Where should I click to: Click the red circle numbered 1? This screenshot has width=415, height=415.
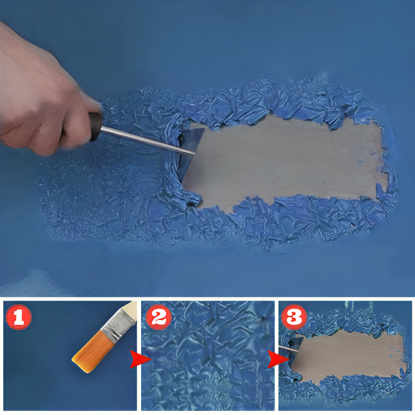pos(18,317)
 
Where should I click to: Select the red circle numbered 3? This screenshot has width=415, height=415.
pos(294,317)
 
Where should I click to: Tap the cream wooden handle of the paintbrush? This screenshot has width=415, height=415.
pos(130,308)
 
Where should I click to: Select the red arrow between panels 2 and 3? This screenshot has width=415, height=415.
pos(278,359)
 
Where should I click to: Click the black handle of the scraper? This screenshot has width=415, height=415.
pos(96,126)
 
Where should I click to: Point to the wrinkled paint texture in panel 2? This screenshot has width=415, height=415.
pos(207,355)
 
